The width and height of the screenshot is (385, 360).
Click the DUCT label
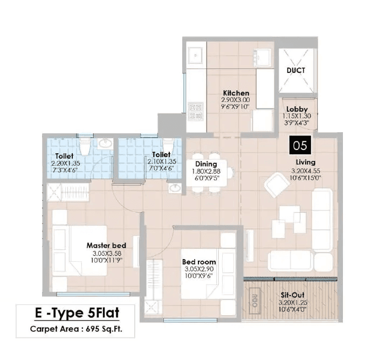pos(296,70)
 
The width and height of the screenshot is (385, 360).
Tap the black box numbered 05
pos(300,145)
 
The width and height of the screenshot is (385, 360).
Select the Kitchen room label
pos(236,93)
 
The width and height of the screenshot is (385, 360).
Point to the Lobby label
pos(297,109)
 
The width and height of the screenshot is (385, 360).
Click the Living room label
pos(305,162)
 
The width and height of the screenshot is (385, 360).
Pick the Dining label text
pos(206,164)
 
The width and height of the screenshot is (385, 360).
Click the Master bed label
pos(106,246)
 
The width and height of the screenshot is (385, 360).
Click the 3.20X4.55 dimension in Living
pos(305,170)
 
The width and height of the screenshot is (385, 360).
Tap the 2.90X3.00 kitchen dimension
pos(236,100)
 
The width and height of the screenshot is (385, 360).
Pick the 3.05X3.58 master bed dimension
pos(106,253)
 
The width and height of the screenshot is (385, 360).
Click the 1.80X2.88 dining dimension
pos(206,171)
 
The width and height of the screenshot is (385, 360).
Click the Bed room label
pos(199,262)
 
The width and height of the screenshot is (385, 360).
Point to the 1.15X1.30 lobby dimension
pos(297,116)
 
